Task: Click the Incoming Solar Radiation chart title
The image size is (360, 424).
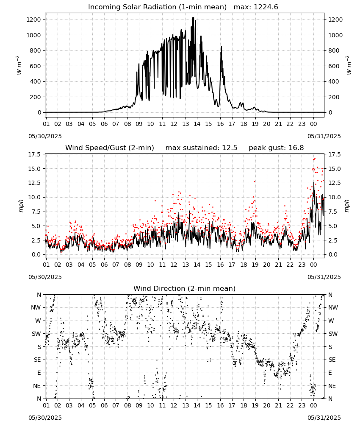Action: [157, 7]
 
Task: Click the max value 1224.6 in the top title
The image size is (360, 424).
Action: [266, 7]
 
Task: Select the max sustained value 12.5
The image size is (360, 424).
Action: [230, 148]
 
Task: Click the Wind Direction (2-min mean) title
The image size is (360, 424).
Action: [185, 288]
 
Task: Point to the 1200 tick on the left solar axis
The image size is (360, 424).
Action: [33, 20]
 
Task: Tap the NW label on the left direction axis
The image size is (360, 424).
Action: [36, 308]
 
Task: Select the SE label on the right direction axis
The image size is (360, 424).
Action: [332, 360]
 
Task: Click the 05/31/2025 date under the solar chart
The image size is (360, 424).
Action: [324, 136]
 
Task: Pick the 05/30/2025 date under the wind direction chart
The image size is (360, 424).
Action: [45, 418]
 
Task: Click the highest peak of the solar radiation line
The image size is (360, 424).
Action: [193, 18]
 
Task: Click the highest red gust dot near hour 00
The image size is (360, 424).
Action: [315, 159]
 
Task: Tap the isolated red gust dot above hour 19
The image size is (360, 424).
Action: [254, 182]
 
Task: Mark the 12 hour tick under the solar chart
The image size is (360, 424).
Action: [174, 124]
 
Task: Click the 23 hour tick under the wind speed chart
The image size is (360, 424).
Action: [302, 265]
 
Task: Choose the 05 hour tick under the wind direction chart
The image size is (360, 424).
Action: [93, 406]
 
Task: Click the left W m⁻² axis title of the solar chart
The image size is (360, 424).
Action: [19, 65]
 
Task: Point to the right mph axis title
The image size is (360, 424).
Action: [346, 206]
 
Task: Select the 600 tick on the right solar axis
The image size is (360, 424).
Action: [334, 66]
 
